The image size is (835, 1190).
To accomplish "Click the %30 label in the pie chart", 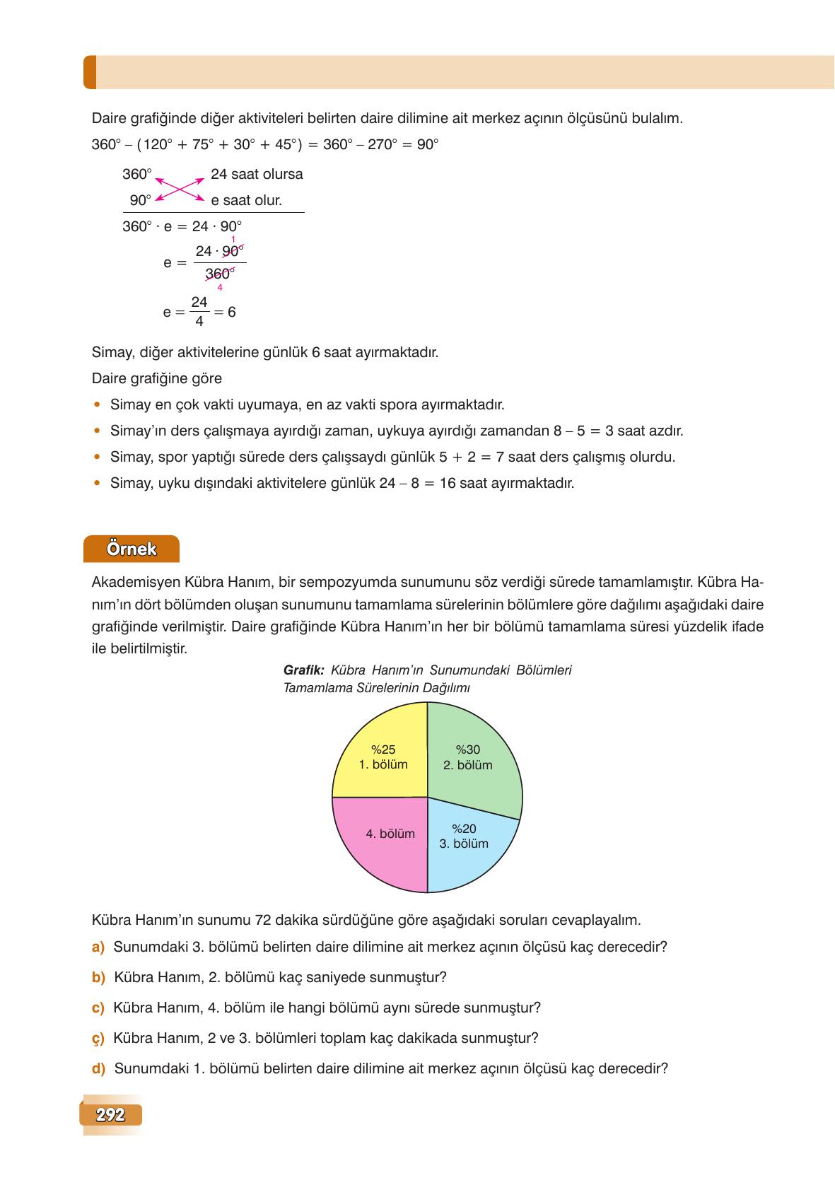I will [x=467, y=749].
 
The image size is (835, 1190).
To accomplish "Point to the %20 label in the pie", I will [x=464, y=829].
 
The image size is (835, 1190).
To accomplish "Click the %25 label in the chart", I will [x=383, y=749].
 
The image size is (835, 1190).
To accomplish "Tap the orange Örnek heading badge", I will [x=132, y=549].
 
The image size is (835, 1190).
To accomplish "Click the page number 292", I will [x=111, y=1115].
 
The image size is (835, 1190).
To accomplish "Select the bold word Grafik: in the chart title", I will [x=303, y=670].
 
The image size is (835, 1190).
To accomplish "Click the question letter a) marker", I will [x=98, y=947].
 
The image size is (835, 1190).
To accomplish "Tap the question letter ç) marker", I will [x=98, y=1038].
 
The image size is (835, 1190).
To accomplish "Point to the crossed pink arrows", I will [x=180, y=187].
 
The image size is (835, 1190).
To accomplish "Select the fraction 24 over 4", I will [x=199, y=311].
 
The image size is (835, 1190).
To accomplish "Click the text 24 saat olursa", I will [x=257, y=174].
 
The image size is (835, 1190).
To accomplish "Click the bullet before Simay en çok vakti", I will [x=97, y=404].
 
